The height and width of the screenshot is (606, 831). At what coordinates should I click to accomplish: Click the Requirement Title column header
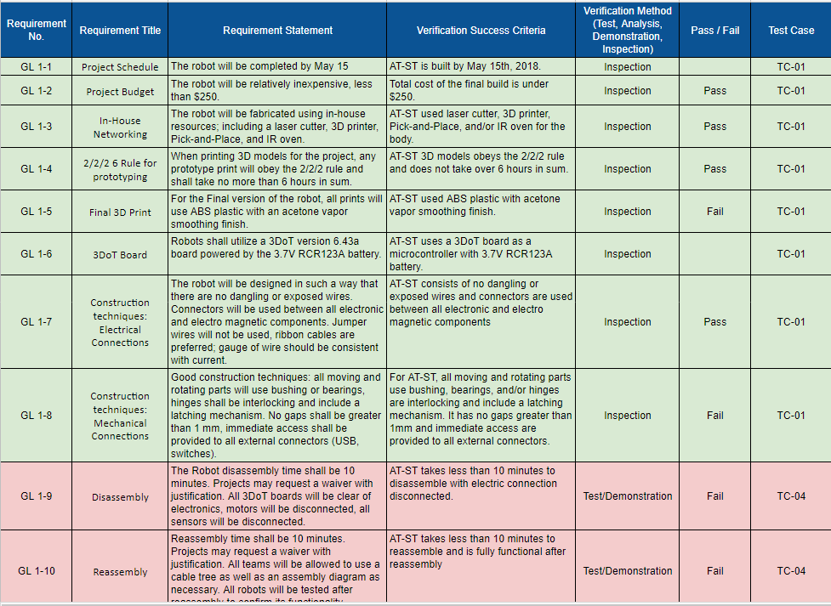pyautogui.click(x=120, y=31)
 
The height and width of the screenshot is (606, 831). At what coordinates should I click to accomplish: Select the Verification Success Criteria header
pyautogui.click(x=481, y=31)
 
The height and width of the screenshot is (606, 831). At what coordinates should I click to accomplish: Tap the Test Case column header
pyautogui.click(x=790, y=31)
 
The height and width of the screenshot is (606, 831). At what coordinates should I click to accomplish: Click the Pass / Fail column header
pyautogui.click(x=714, y=31)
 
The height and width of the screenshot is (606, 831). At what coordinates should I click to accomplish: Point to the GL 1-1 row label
pyautogui.click(x=36, y=67)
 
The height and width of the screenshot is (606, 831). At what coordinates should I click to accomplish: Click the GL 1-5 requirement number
pyautogui.click(x=36, y=212)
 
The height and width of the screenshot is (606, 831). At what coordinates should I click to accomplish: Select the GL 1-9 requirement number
pyautogui.click(x=36, y=496)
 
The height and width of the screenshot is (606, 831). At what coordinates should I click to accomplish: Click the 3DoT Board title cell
pyautogui.click(x=120, y=255)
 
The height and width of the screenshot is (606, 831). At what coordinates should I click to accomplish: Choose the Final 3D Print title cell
pyautogui.click(x=120, y=212)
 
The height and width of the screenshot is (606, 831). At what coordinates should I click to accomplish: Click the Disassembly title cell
pyautogui.click(x=120, y=497)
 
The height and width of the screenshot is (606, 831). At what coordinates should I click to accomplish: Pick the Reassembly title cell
pyautogui.click(x=120, y=572)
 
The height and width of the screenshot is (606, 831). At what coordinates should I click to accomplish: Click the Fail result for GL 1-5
pyautogui.click(x=714, y=212)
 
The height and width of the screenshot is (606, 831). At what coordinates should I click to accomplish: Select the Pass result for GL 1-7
pyautogui.click(x=714, y=322)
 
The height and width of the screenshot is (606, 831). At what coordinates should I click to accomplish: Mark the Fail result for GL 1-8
pyautogui.click(x=714, y=416)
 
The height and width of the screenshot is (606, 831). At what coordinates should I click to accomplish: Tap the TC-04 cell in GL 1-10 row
pyautogui.click(x=790, y=571)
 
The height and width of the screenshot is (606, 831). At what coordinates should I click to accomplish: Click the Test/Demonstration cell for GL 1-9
pyautogui.click(x=627, y=496)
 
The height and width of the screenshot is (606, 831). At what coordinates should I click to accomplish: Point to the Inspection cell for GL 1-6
pyautogui.click(x=627, y=254)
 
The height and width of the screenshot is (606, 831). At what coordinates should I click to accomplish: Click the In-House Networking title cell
pyautogui.click(x=120, y=127)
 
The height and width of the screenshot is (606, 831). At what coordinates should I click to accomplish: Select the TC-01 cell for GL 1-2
pyautogui.click(x=790, y=91)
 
